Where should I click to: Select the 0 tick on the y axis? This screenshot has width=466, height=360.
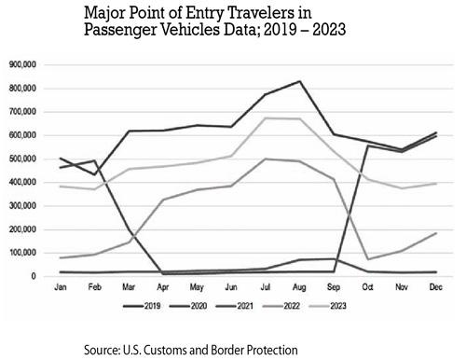(x=33, y=277)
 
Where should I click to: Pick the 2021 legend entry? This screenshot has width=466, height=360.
(x=254, y=305)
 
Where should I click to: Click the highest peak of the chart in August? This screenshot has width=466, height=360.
(x=299, y=81)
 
